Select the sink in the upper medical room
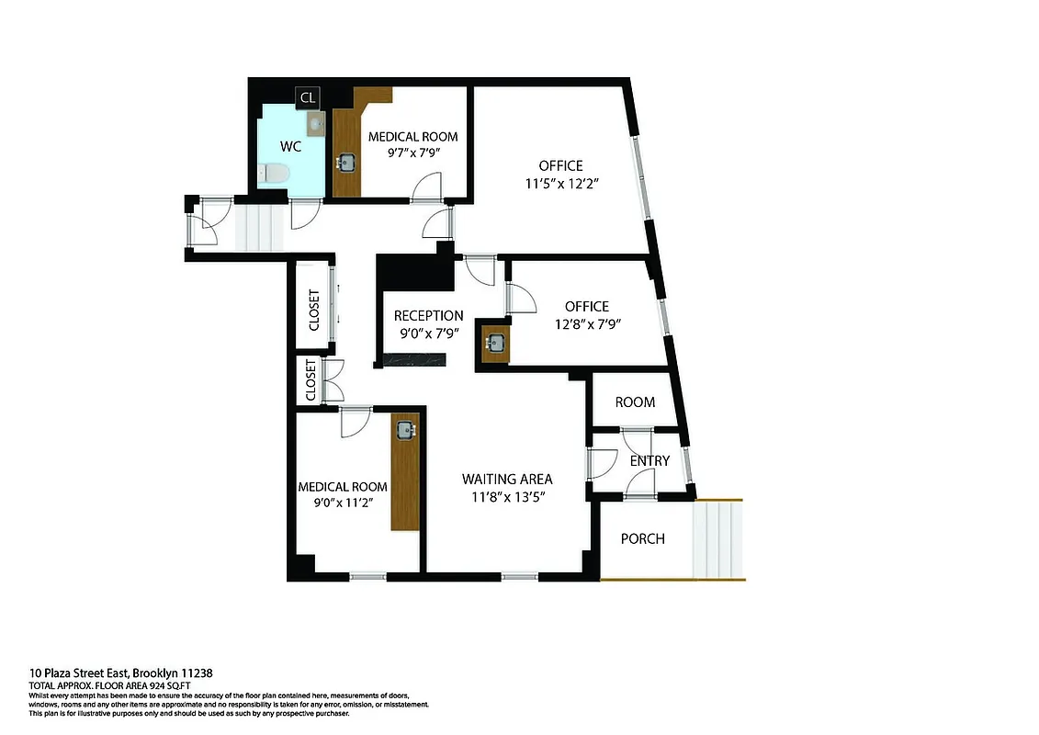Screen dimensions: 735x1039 coord(347,163)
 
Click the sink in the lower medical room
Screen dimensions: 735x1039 coord(405,428)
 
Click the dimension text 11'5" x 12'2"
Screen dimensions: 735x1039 coord(560,184)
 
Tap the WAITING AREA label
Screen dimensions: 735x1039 coord(507,479)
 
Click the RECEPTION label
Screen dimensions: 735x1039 coord(423,316)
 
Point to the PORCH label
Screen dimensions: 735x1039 coord(642,538)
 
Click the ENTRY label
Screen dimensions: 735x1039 coord(649,460)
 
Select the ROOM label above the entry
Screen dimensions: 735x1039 coord(635,401)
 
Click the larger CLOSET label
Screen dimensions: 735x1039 coord(313,311)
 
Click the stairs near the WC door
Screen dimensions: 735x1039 coord(258,226)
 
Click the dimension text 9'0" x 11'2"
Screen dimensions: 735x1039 coord(342,502)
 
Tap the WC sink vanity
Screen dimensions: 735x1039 coord(314,125)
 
